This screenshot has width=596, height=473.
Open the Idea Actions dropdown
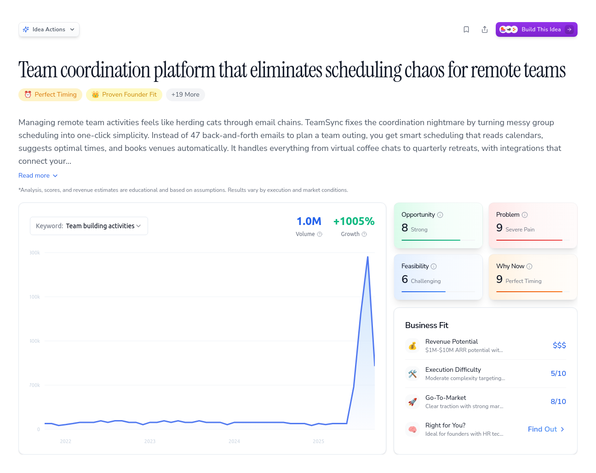pyautogui.click(x=49, y=29)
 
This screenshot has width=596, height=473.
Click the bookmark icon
pyautogui.click(x=466, y=29)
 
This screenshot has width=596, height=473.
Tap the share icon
pyautogui.click(x=485, y=29)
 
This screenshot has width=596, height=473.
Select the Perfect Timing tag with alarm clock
pyautogui.click(x=51, y=95)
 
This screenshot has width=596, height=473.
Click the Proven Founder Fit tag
pyautogui.click(x=124, y=95)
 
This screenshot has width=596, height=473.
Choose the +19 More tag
pyautogui.click(x=185, y=95)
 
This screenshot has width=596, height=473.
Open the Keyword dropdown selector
pyautogui.click(x=89, y=226)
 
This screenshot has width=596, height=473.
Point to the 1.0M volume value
pyautogui.click(x=309, y=221)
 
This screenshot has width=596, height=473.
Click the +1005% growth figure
pyautogui.click(x=354, y=221)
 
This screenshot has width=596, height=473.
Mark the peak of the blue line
pyautogui.click(x=367, y=257)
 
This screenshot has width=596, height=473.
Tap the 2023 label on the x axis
pyautogui.click(x=150, y=441)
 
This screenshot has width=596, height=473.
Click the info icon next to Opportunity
pyautogui.click(x=440, y=215)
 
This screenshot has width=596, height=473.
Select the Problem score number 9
pyautogui.click(x=499, y=228)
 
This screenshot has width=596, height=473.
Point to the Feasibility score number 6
pyautogui.click(x=405, y=279)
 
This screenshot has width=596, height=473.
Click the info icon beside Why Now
pyautogui.click(x=529, y=266)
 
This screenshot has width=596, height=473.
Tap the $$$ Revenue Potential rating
pyautogui.click(x=559, y=346)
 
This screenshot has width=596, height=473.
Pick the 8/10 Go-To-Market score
pyautogui.click(x=558, y=402)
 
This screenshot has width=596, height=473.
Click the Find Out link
pyautogui.click(x=546, y=429)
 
